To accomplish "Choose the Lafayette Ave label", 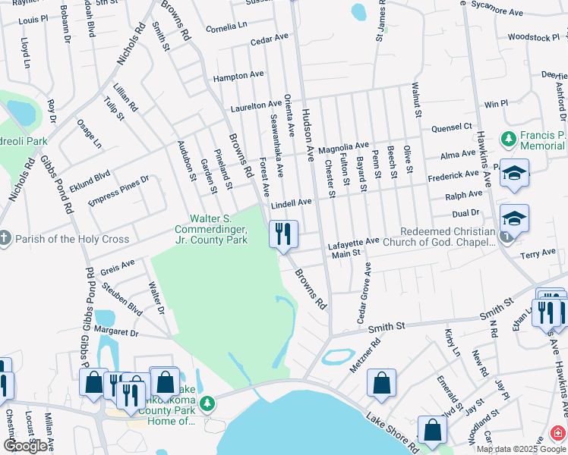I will (352, 242).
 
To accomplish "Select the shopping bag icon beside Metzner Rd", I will (381, 383).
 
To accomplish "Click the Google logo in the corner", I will (25, 446).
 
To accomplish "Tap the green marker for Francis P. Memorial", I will (508, 139).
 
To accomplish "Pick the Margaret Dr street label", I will (116, 332).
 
